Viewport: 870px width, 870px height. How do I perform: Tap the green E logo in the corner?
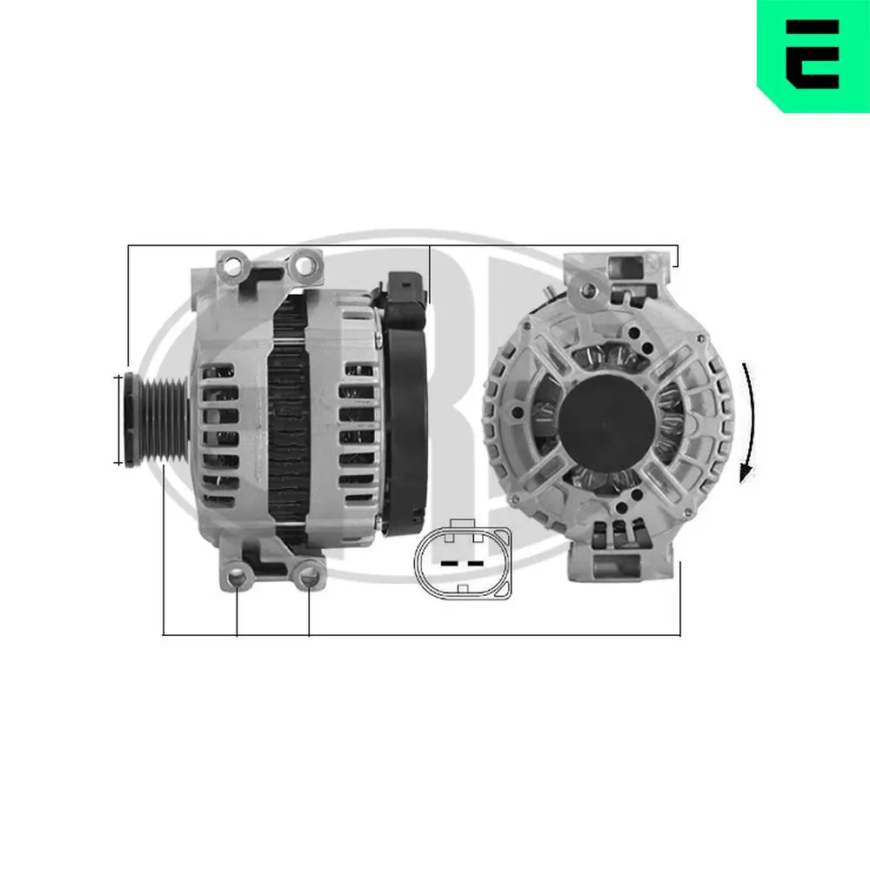point(813,54)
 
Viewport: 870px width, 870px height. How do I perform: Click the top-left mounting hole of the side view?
point(233,264)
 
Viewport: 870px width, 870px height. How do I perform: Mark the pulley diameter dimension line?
point(118,420)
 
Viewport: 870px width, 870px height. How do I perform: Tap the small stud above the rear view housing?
point(547,291)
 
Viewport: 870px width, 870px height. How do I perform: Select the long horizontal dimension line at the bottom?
point(422,634)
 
